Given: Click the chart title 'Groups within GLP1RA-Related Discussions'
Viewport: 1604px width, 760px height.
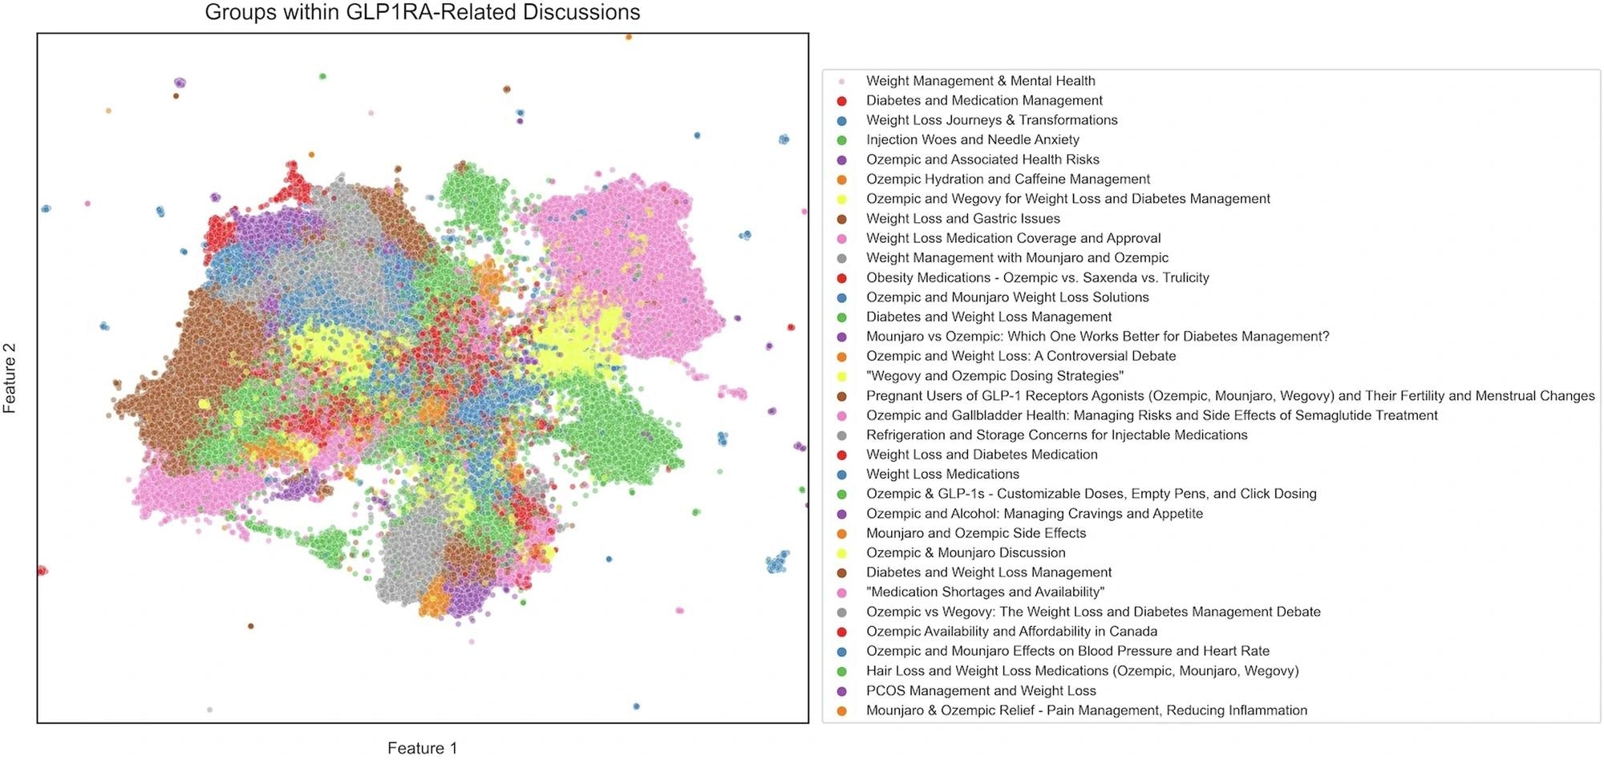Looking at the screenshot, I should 423,13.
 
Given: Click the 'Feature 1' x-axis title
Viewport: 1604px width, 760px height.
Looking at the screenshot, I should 423,748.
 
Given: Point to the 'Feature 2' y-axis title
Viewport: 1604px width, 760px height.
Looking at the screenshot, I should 10,378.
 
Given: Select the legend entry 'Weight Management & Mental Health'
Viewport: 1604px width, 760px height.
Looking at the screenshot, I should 980,81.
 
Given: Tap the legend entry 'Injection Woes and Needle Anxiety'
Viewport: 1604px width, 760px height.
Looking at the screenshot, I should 972,139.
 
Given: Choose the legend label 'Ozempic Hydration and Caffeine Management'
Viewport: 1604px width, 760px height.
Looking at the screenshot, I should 1007,179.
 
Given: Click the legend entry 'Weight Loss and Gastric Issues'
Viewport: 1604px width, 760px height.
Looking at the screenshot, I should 962,218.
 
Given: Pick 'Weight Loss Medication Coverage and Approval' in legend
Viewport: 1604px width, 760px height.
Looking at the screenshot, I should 1013,238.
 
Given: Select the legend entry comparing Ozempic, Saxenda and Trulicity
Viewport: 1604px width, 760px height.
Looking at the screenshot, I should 1037,277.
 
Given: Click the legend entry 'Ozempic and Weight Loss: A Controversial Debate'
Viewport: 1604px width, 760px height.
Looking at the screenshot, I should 1020,356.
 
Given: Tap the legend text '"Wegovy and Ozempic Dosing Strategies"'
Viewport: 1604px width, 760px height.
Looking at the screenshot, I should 994,376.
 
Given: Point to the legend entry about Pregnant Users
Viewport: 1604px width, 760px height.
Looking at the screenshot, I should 1229,395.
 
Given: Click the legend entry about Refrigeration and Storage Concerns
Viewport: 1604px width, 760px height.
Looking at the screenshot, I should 1056,435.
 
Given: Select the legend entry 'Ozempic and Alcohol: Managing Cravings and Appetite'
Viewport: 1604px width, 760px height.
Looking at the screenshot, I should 1034,513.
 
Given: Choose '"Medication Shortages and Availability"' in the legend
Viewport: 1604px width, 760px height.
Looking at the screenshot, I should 985,592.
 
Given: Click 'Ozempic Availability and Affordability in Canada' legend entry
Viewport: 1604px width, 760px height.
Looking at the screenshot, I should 1011,631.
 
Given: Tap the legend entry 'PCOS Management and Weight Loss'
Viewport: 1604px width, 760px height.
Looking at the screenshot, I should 981,690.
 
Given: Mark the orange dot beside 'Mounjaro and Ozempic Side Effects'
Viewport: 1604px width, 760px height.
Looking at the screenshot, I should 841,533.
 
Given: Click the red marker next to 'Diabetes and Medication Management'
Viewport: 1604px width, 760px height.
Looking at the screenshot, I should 841,101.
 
